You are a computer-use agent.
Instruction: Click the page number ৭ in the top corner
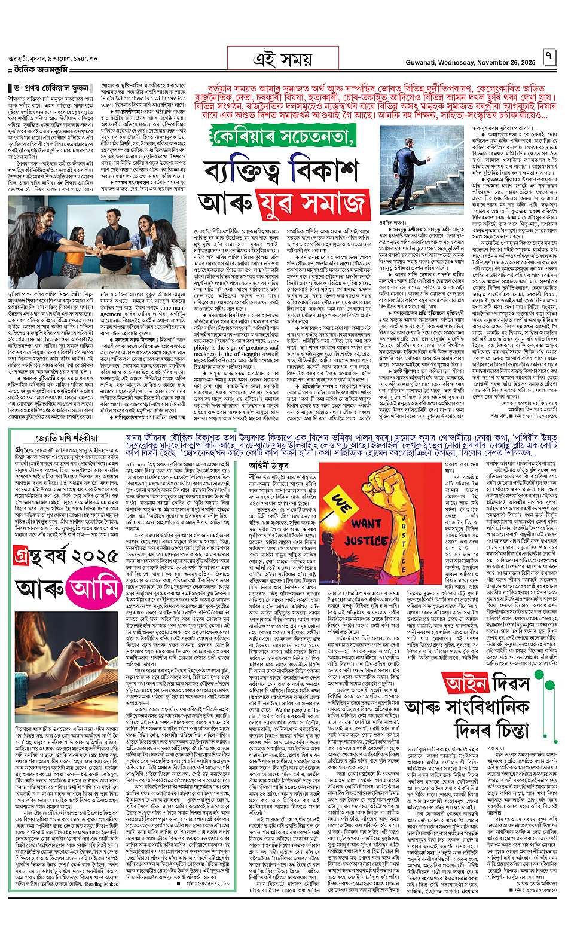pos(549,59)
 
